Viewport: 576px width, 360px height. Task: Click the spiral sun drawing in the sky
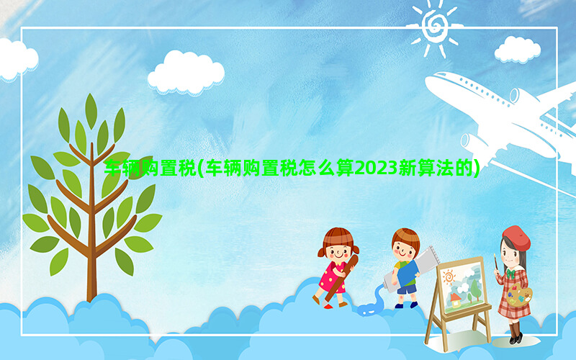coord(435,26)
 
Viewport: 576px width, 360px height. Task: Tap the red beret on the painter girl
coord(516,238)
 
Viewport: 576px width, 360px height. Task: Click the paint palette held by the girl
coord(519,295)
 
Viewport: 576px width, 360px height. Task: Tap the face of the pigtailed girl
coord(337,251)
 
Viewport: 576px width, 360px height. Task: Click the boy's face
coord(403,250)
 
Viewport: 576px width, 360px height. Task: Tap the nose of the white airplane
coord(428,81)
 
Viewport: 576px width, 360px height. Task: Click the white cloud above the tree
coord(186,73)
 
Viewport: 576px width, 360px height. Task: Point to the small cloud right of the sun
coord(517,49)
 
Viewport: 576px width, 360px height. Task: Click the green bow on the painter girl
coord(510,274)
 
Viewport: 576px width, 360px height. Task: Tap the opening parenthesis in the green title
coord(200,169)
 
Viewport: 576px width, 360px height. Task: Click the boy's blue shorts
coord(406,289)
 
